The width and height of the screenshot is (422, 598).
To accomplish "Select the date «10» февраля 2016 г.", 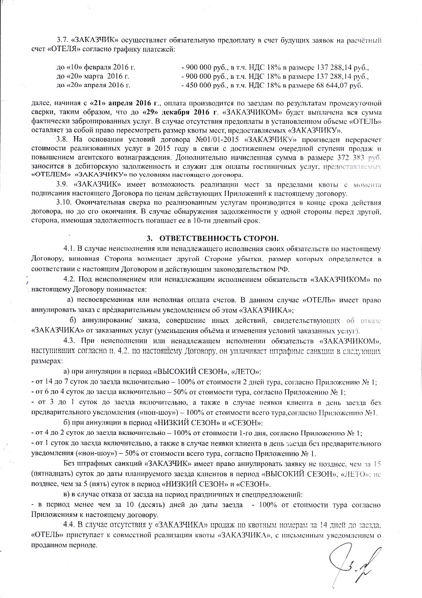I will (x=95, y=67).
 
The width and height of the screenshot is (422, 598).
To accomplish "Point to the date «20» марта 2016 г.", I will (x=91, y=76).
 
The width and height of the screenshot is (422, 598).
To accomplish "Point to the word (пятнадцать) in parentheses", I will (x=50, y=474).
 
